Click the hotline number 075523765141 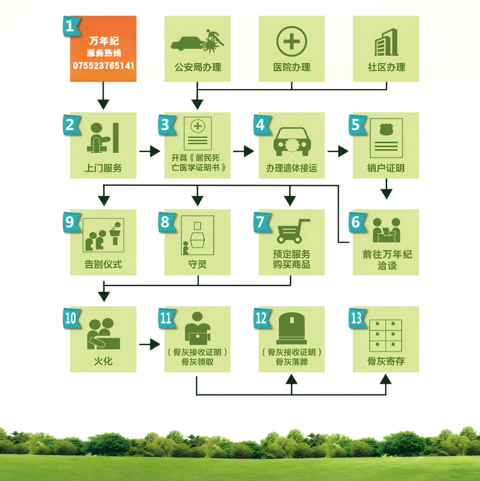click(x=104, y=66)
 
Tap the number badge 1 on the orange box click(x=70, y=25)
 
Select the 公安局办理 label click(x=198, y=67)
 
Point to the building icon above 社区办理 click(x=386, y=42)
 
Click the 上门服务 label click(x=104, y=168)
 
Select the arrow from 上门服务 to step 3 click(x=149, y=152)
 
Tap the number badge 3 click(x=166, y=125)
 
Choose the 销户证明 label click(x=386, y=168)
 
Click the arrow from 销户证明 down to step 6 click(x=386, y=190)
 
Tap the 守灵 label click(x=198, y=264)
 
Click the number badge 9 click(x=70, y=221)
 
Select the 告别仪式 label click(x=104, y=264)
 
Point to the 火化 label click(x=104, y=362)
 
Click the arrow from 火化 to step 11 click(x=149, y=345)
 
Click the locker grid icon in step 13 click(x=385, y=336)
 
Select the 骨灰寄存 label click(x=386, y=362)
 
